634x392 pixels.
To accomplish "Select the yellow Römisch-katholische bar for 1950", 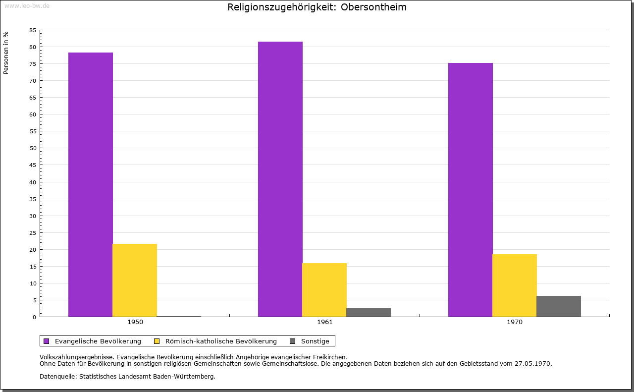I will tap(135, 280).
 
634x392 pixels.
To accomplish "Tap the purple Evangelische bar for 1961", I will tap(280, 179).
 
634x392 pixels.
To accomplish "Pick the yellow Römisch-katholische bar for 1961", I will tap(324, 289).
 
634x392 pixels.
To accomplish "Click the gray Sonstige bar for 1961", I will tap(369, 312).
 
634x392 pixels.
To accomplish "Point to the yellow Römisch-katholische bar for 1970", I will tap(515, 285).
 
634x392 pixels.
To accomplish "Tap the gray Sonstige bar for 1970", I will tap(559, 306).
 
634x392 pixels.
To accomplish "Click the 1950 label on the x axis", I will tap(135, 322).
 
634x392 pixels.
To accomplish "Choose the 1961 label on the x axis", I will tap(325, 322).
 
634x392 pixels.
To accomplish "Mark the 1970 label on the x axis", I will tap(515, 322).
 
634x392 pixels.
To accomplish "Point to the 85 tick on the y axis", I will tap(33, 30).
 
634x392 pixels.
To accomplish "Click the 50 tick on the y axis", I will tap(33, 148).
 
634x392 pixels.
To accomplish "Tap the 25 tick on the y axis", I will tap(33, 232).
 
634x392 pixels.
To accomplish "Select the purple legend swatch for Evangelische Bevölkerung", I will tap(47, 341).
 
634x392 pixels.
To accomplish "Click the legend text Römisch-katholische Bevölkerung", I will tap(221, 341).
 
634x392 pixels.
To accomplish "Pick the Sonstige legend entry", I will tap(315, 341).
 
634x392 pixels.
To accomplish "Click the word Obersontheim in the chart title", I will tap(373, 7).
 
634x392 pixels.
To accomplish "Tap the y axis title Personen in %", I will tap(6, 53).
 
